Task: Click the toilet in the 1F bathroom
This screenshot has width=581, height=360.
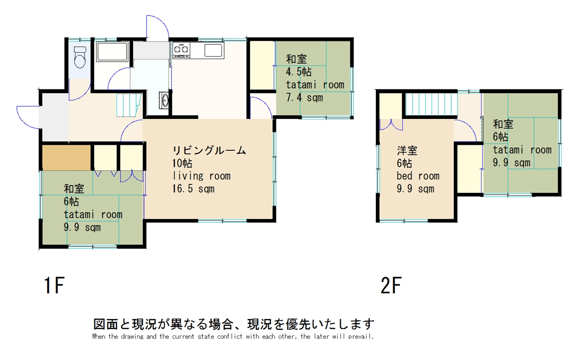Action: [x=80, y=57]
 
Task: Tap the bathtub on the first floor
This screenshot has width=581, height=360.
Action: [x=112, y=52]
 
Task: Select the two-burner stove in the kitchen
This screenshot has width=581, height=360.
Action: [x=181, y=49]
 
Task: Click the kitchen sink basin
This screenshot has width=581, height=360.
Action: [x=213, y=50]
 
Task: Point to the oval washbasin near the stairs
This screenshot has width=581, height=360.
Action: [x=165, y=100]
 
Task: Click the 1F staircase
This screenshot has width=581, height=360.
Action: [x=129, y=105]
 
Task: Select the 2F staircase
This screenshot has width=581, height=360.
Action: [x=431, y=104]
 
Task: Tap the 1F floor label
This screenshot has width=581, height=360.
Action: [x=54, y=285]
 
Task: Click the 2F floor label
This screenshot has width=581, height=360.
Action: [x=391, y=285]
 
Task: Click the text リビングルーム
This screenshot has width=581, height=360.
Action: [x=209, y=150]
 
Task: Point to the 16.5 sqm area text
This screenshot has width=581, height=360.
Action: [x=193, y=189]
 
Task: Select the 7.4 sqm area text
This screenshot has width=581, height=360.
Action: [x=305, y=98]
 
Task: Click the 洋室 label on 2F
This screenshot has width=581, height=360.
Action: [x=407, y=151]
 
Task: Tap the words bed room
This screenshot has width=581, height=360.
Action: [x=418, y=176]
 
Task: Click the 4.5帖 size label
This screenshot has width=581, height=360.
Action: [x=299, y=72]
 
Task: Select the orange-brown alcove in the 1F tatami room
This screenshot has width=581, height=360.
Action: [x=66, y=158]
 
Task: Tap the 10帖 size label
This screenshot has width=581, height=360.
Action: [x=182, y=163]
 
